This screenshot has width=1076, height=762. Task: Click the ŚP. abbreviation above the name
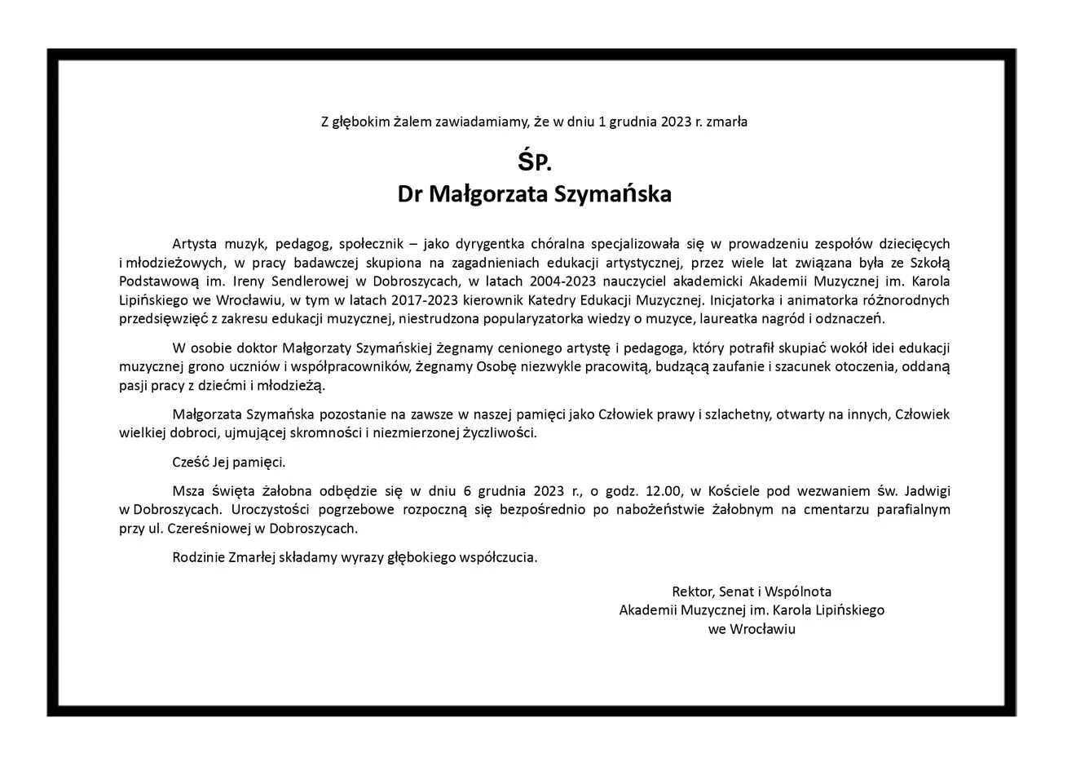pyautogui.click(x=535, y=162)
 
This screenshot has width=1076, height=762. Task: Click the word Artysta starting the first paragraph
pyautogui.click(x=196, y=244)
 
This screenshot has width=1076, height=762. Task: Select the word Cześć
pyautogui.click(x=191, y=463)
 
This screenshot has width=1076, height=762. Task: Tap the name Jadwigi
pyautogui.click(x=925, y=491)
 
